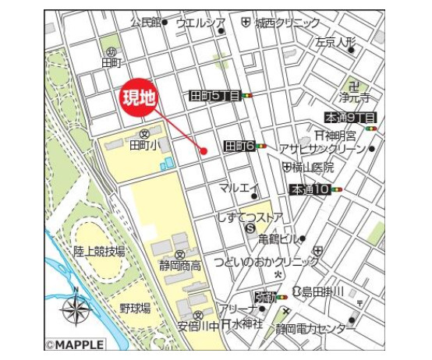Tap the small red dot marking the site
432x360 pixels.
click(x=203, y=150)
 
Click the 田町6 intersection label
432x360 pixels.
click(x=239, y=146)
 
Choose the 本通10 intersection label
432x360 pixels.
click(x=309, y=189)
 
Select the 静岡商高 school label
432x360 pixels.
click(x=180, y=266)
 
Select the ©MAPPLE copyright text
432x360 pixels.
click(x=76, y=343)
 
